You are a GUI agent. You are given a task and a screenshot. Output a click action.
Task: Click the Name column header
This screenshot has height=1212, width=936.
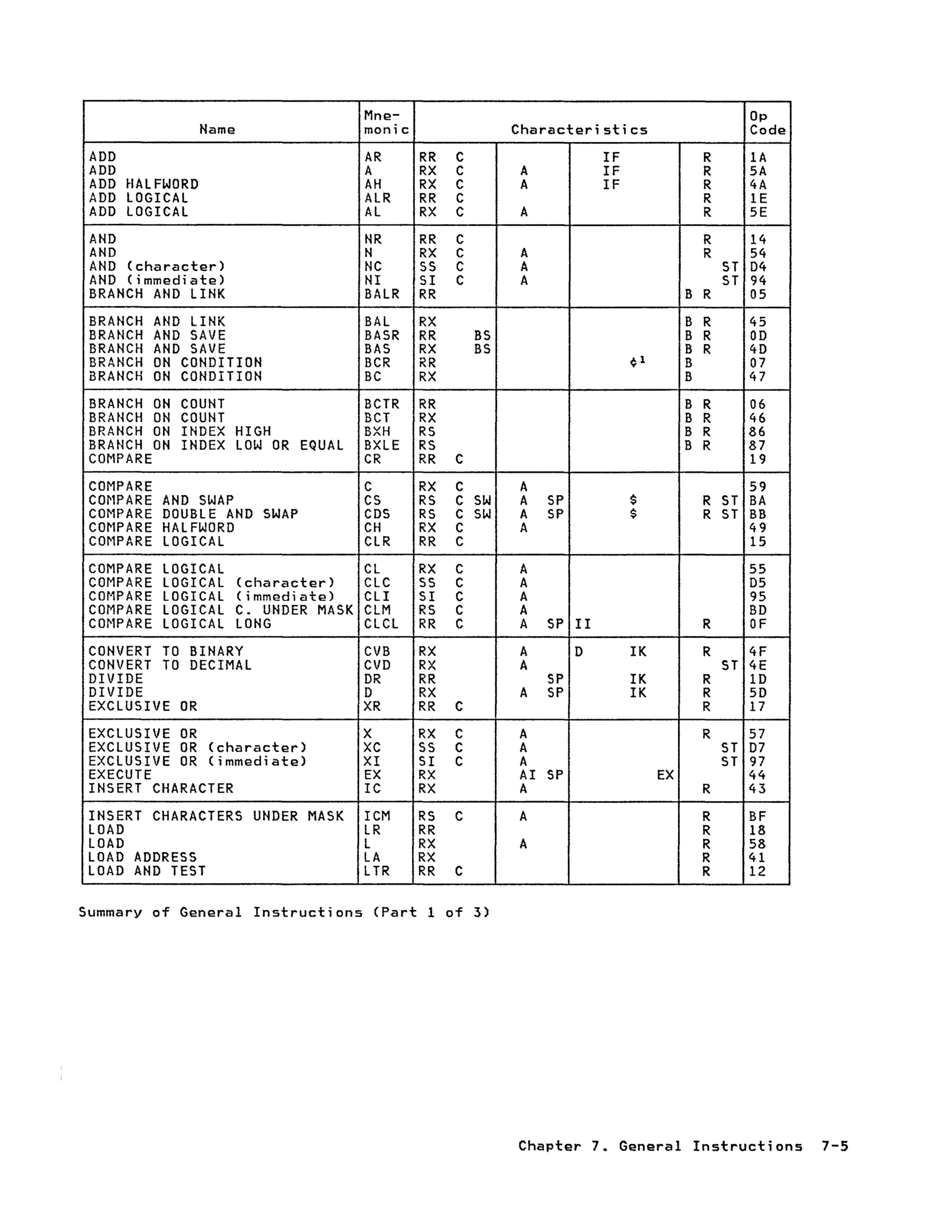[217, 130]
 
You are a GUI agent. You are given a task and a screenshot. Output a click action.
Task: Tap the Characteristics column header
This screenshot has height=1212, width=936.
[579, 130]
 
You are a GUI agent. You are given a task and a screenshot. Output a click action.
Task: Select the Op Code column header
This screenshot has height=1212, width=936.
[767, 123]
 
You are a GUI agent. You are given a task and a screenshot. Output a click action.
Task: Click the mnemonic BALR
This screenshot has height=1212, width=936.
[382, 294]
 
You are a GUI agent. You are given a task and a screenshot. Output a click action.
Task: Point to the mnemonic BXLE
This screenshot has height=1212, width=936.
[382, 445]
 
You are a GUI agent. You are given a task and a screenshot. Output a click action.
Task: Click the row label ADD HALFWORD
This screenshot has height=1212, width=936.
[144, 184]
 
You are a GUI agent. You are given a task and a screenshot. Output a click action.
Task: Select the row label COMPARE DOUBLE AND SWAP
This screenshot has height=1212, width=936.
[193, 514]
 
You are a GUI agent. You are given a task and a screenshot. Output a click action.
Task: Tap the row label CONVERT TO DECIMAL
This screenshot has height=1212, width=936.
[170, 665]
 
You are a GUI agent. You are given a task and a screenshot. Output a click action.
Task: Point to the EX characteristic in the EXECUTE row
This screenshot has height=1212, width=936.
[665, 775]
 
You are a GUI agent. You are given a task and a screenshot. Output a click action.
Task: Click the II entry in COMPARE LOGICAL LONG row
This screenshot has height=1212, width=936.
[582, 624]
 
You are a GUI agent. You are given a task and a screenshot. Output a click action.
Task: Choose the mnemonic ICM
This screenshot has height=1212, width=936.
[377, 816]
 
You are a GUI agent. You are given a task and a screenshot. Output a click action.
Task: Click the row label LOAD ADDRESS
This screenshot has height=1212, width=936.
[143, 857]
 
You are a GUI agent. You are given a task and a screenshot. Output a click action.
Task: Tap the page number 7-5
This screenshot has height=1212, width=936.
[834, 1146]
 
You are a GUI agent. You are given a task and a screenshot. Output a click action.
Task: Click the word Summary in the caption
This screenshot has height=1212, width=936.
[110, 912]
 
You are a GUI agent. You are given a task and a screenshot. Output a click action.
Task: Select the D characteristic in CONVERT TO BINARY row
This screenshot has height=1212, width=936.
[579, 651]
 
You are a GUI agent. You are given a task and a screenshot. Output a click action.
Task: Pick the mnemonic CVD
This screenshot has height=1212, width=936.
[377, 665]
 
